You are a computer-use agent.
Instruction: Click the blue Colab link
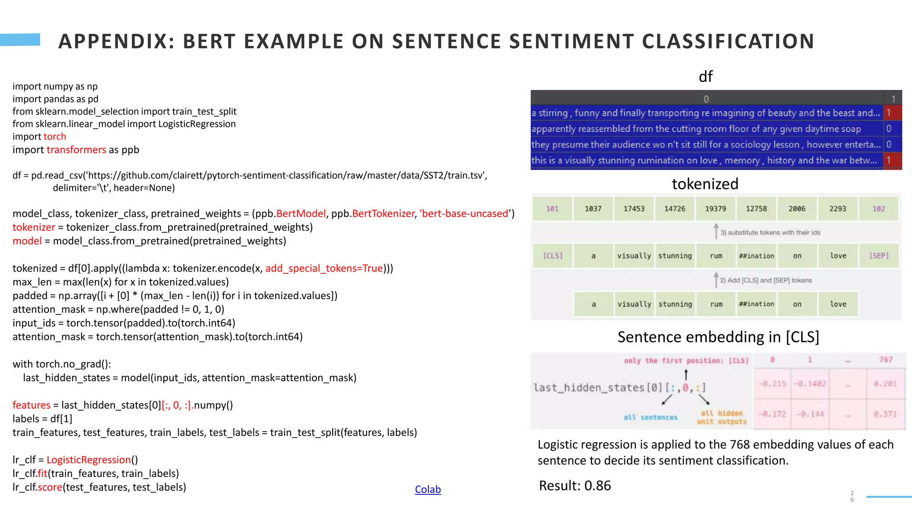click(427, 489)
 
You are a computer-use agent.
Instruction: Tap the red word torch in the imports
click(55, 137)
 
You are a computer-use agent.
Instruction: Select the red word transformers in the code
click(76, 150)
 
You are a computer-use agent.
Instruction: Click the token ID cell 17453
click(634, 209)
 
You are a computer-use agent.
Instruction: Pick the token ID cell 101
click(552, 209)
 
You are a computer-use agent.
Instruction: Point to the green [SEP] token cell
click(879, 256)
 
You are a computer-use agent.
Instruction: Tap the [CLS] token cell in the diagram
click(553, 256)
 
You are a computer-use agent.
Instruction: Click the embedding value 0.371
click(885, 414)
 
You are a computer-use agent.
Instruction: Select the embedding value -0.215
click(773, 384)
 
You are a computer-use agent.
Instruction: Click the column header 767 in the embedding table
click(885, 360)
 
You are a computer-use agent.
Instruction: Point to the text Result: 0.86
click(574, 485)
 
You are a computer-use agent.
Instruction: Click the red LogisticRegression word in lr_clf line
click(89, 460)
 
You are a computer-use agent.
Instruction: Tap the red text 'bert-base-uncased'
click(465, 214)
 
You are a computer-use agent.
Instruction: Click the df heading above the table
click(705, 77)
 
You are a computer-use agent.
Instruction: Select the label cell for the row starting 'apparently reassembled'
click(889, 129)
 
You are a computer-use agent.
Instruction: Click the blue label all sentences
click(650, 417)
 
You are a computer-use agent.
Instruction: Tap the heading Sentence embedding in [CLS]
click(718, 337)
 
